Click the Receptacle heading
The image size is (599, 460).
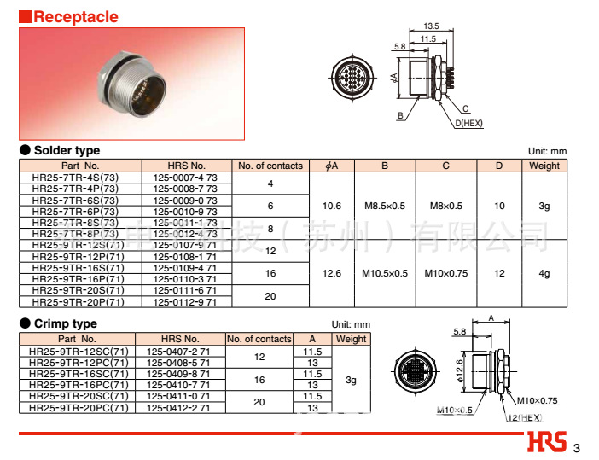coord(75,16)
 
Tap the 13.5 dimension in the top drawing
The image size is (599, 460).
coord(432,26)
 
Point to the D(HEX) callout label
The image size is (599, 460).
coord(468,123)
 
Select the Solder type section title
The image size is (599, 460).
coord(67,150)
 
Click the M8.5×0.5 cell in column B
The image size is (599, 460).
coord(385,206)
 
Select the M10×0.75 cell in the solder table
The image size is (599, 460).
coord(445,273)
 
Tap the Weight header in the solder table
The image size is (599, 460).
coord(544,166)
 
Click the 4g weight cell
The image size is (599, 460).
coord(544,273)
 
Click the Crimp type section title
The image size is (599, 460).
coord(66,323)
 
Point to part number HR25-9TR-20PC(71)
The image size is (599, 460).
coord(80,408)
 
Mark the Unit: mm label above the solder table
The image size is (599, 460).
coord(547,151)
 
